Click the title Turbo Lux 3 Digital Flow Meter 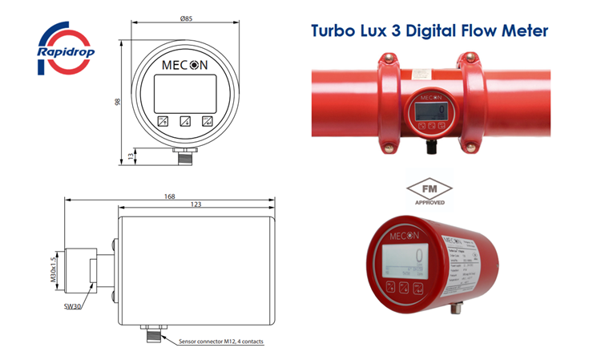click(430, 31)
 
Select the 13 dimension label click(130, 156)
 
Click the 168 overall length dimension click(170, 196)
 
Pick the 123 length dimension click(196, 206)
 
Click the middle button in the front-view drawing click(185, 122)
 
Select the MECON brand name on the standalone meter click(404, 236)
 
